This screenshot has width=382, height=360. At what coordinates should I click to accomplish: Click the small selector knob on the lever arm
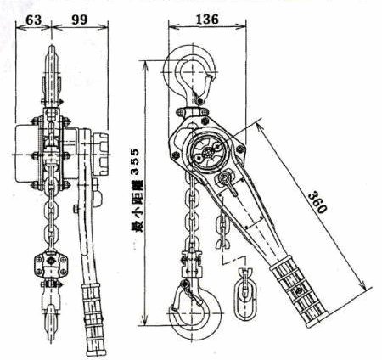pyautogui.click(x=227, y=182)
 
